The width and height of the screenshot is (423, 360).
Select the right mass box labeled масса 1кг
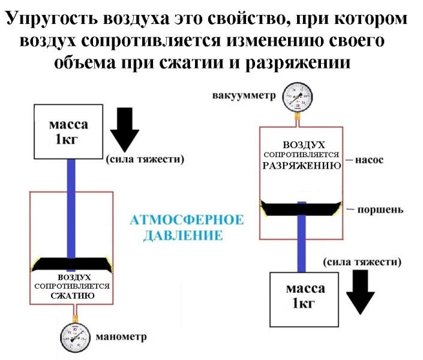coord(306,295)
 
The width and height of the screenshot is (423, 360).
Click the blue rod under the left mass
coord(71,204)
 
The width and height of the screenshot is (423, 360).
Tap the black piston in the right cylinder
coord(302,208)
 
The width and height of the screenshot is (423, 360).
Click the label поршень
coord(377,211)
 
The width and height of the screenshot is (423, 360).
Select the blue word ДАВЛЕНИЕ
coord(182,234)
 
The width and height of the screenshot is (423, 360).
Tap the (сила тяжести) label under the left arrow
coord(143,160)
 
